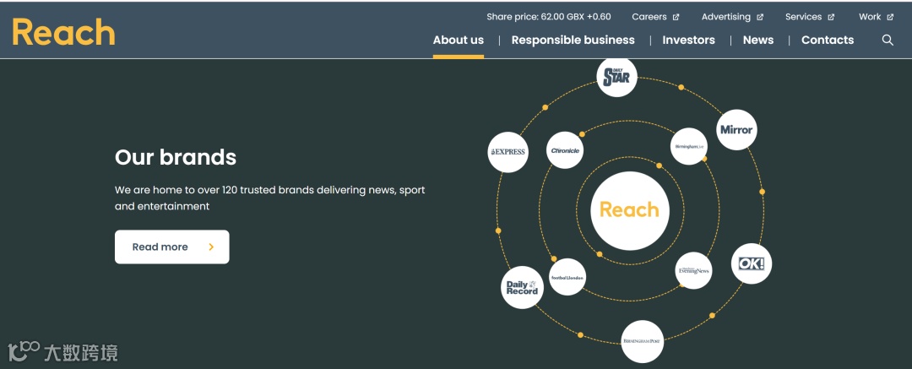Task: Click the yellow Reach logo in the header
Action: pyautogui.click(x=63, y=33)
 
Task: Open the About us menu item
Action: pyautogui.click(x=459, y=40)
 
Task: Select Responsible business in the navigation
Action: pyautogui.click(x=573, y=40)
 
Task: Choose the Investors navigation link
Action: pyautogui.click(x=688, y=40)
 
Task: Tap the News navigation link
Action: pyautogui.click(x=758, y=40)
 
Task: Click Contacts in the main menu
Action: pyautogui.click(x=828, y=40)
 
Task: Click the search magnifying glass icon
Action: pyautogui.click(x=888, y=40)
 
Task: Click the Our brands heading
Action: pyautogui.click(x=176, y=157)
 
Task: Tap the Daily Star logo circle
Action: pyautogui.click(x=617, y=78)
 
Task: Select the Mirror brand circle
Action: pyautogui.click(x=736, y=130)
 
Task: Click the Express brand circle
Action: pyautogui.click(x=508, y=152)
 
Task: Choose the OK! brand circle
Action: pyautogui.click(x=751, y=264)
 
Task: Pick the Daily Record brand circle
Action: pyautogui.click(x=522, y=287)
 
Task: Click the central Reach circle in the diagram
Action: pyautogui.click(x=629, y=210)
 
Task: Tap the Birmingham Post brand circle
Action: pyautogui.click(x=642, y=341)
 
